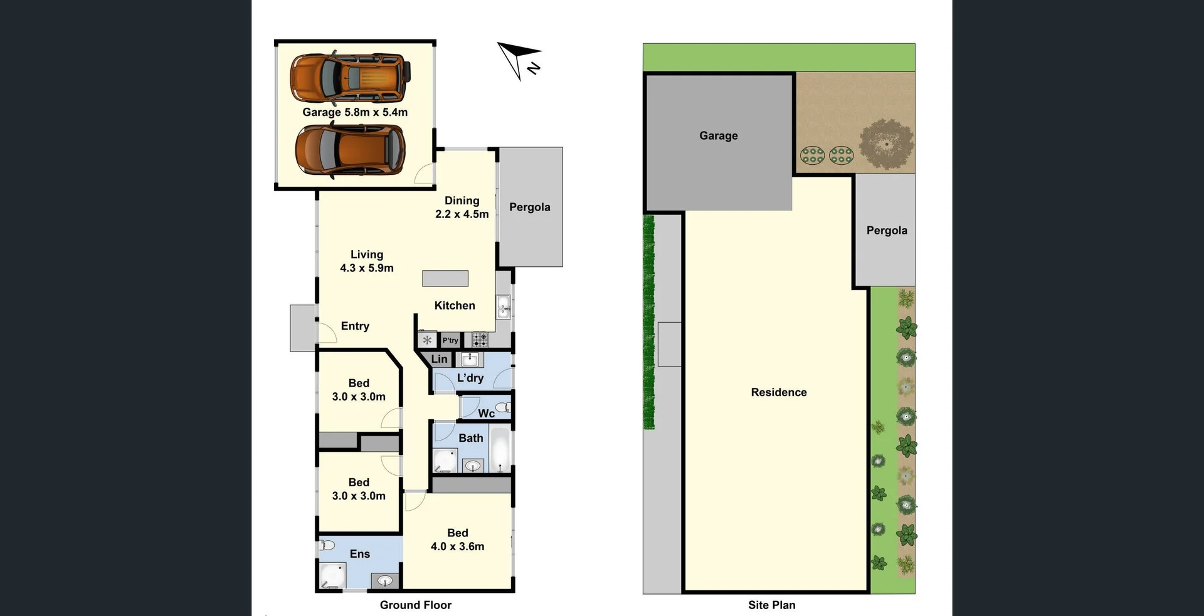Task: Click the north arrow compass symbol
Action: (x=519, y=60)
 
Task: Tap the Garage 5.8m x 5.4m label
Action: (x=355, y=112)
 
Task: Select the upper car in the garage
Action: (x=350, y=78)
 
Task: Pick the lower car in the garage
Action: (x=350, y=150)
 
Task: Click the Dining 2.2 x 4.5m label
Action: (x=462, y=207)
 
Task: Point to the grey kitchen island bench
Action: (x=445, y=278)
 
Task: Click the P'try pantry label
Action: (x=450, y=340)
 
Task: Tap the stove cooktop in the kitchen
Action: (x=480, y=340)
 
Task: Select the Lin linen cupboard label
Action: (x=440, y=359)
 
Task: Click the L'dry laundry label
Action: (x=470, y=378)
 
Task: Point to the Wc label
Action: (x=486, y=413)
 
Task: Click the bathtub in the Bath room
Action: (x=500, y=449)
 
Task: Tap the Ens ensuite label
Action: (x=360, y=554)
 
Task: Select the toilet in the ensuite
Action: (x=327, y=545)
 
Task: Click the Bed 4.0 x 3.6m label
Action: (x=457, y=540)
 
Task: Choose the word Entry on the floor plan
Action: (x=355, y=326)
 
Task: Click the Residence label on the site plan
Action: (x=779, y=392)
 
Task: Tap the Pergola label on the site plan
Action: (x=887, y=231)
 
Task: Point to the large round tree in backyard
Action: (x=887, y=144)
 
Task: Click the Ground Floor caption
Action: (x=415, y=605)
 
